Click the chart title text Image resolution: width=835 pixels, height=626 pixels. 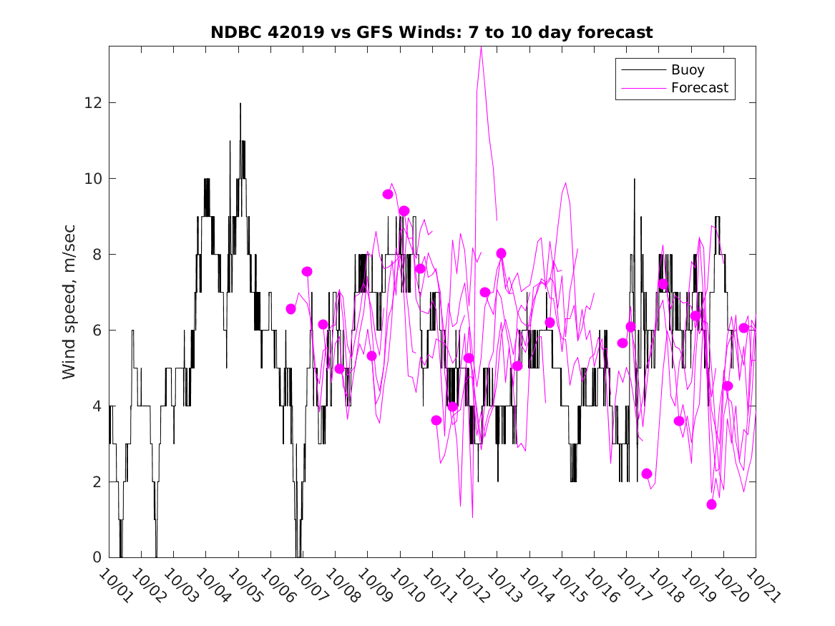[x=431, y=33]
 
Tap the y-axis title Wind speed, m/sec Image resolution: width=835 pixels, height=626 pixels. [x=69, y=300]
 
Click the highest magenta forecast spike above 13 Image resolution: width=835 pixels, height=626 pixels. [x=481, y=48]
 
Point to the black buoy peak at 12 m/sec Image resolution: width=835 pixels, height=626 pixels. [x=240, y=104]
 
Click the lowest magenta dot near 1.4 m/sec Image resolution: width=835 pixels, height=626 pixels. [x=711, y=504]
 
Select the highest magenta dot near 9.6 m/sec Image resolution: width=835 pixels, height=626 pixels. [x=388, y=194]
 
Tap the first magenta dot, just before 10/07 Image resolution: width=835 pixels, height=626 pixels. [x=291, y=309]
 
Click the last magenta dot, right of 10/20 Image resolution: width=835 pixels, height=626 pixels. [x=744, y=328]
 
